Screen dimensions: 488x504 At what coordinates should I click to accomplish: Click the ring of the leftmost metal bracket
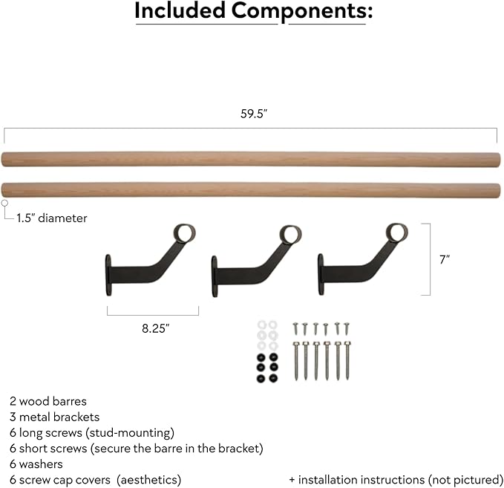click(x=183, y=234)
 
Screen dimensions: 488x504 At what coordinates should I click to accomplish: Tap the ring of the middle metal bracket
click(x=290, y=234)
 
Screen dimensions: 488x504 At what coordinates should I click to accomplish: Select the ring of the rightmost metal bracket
click(x=397, y=234)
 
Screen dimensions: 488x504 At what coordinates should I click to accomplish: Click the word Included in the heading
click(x=181, y=11)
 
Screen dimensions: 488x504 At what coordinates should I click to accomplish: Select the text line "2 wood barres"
click(x=48, y=401)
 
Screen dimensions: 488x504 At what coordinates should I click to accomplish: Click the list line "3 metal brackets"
click(x=55, y=417)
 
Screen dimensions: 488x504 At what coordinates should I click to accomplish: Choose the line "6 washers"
click(x=37, y=464)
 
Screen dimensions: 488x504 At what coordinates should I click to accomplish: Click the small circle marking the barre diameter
click(x=5, y=203)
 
